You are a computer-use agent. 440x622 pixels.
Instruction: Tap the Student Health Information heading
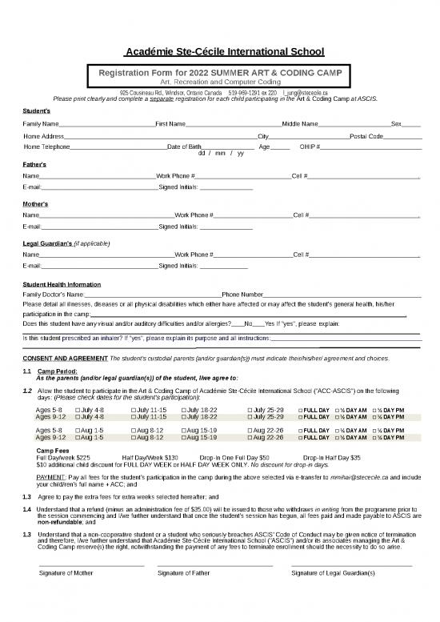coord(62,285)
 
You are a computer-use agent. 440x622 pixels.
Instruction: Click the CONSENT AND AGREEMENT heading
coord(65,358)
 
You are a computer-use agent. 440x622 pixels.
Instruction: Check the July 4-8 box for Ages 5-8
coord(78,410)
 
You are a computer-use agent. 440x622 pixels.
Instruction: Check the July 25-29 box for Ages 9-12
coord(250,417)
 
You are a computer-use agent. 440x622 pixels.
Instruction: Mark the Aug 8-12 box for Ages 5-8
coord(133,431)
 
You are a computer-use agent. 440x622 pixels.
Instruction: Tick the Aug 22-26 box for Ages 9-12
coord(250,438)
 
